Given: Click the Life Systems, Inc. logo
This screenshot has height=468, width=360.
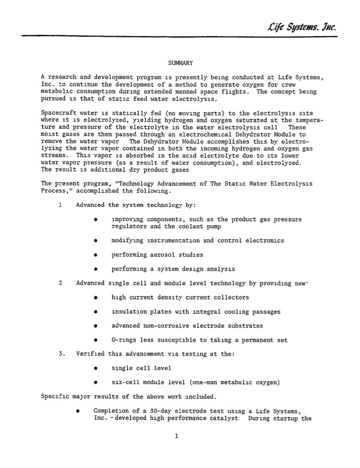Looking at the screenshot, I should [x=307, y=24].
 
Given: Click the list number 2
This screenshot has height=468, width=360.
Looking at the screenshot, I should [x=61, y=283].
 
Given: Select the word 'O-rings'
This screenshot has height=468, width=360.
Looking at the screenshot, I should [x=123, y=340].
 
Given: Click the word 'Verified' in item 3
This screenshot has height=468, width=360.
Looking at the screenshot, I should [x=89, y=354].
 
